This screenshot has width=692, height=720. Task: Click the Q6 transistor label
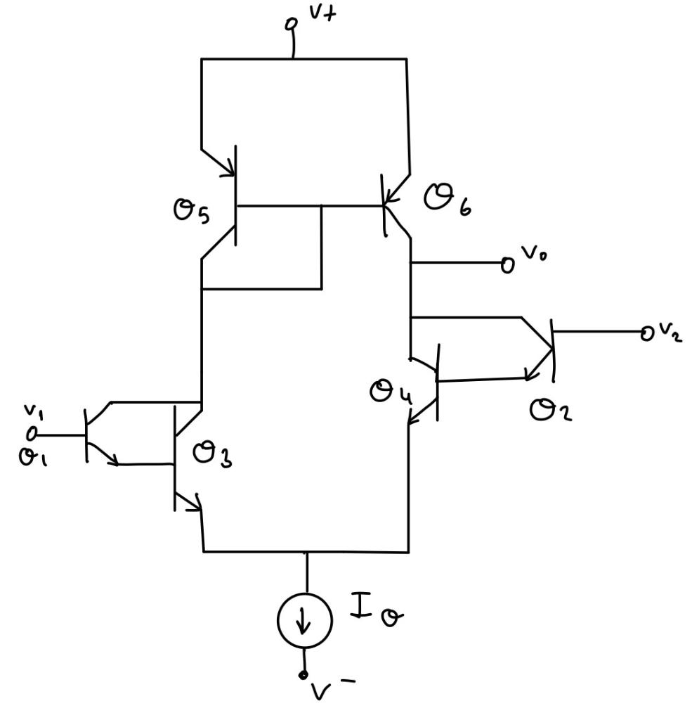(447, 200)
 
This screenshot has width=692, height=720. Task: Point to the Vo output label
(533, 253)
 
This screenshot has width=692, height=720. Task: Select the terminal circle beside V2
(647, 334)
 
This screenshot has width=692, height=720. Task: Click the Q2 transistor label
(550, 411)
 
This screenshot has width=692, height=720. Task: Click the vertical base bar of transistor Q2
(553, 351)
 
